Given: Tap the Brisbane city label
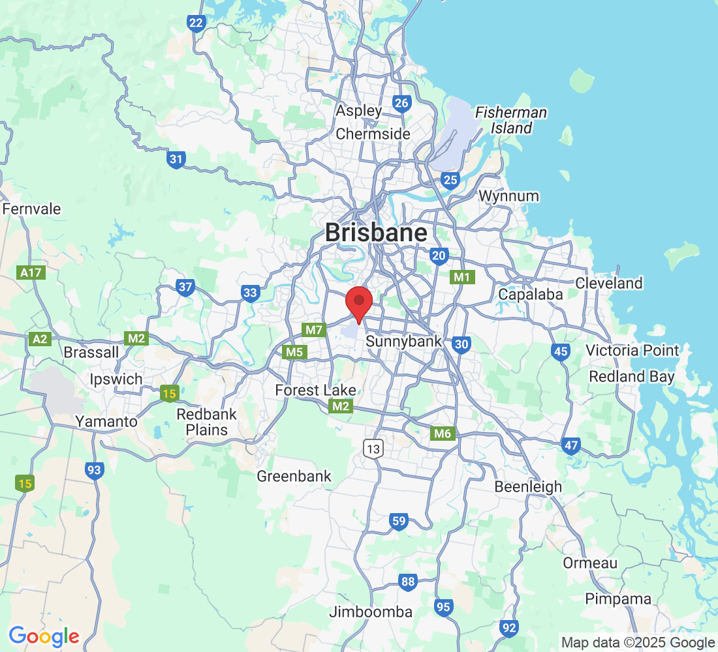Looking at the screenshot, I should pos(376,233).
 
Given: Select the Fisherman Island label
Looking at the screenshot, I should pos(511,120).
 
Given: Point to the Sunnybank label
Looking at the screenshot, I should pos(403,341).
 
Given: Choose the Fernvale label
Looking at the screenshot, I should pos(32,209).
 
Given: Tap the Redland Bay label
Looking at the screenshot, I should pos(632,376).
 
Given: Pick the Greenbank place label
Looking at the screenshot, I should pos(294,476).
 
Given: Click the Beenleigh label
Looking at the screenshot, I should pos(528,486).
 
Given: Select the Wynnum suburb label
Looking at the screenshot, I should pos(508,196).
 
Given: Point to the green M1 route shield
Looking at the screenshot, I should pos(462,277).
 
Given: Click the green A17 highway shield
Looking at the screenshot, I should pos(31,273).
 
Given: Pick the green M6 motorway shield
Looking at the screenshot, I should pos(443,434).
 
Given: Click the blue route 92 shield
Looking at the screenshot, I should pos(509,629).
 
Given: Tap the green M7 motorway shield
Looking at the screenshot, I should pos(314,330).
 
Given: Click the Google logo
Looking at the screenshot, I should pos(44,636).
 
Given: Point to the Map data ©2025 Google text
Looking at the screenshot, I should pos(638,643).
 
